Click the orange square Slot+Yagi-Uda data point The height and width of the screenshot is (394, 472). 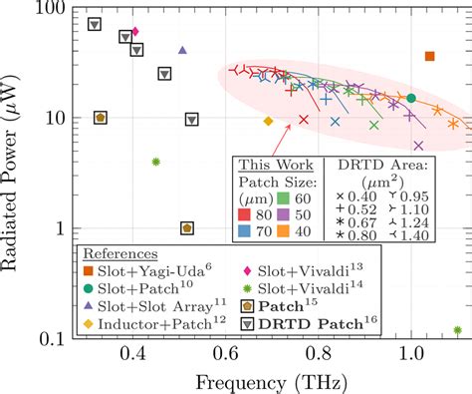[x=430, y=57]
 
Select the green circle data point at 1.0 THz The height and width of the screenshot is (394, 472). [x=411, y=98]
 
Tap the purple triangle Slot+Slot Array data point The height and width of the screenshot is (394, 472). [x=182, y=50]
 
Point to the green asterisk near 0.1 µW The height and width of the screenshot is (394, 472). [x=457, y=329]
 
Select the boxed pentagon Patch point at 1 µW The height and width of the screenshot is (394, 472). [x=187, y=227]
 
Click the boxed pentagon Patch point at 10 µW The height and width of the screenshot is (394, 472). [x=101, y=117]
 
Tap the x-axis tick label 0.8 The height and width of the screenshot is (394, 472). [x=318, y=354]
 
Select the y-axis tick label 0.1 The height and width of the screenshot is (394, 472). [x=52, y=339]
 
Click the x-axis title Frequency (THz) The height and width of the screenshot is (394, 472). [x=268, y=380]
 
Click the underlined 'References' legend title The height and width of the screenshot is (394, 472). [x=118, y=252]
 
